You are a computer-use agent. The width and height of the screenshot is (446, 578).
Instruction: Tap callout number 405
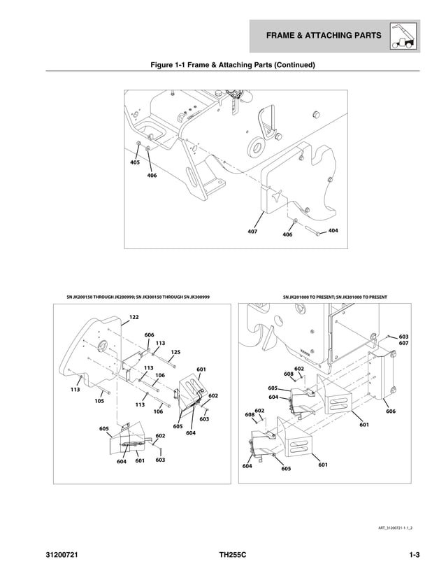coord(135,162)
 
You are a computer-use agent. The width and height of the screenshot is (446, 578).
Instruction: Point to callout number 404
coord(333,230)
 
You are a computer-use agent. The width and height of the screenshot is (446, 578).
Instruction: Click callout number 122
coord(134,317)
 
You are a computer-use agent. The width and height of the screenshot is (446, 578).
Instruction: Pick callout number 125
coord(175,352)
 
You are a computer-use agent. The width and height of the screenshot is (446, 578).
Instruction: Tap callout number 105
coord(99,401)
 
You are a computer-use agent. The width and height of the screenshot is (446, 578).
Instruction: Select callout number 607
coord(403,343)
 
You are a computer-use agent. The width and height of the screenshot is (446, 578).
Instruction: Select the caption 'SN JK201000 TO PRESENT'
coord(335,297)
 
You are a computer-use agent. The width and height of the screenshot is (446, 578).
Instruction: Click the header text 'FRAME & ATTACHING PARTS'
coord(322,36)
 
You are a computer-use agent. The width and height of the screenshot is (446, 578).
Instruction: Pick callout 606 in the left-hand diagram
coord(149,335)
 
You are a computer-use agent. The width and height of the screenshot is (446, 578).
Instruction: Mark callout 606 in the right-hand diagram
coord(390,411)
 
